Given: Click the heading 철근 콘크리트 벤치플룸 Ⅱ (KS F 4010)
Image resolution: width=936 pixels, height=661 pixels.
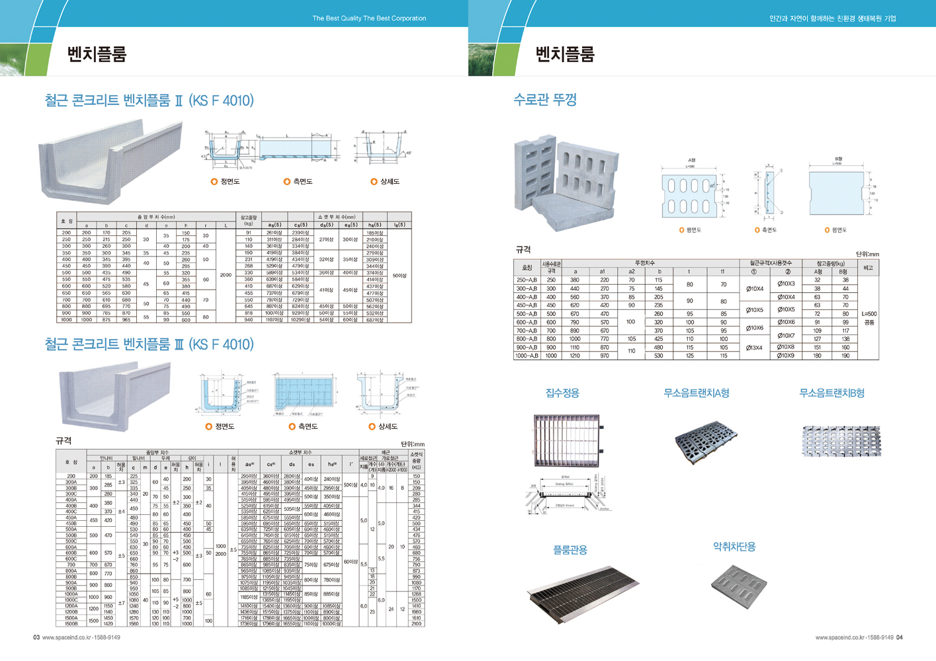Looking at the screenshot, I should (x=149, y=100).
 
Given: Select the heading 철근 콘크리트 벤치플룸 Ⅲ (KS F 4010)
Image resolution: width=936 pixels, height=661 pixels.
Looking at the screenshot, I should (x=149, y=344).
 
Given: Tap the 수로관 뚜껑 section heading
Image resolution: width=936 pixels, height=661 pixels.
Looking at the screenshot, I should (x=545, y=100).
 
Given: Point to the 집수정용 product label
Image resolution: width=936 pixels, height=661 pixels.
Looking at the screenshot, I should (x=562, y=393).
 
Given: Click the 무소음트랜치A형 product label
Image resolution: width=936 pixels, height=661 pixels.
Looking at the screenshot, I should (x=696, y=393).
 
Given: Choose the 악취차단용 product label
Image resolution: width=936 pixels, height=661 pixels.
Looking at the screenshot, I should (x=734, y=547).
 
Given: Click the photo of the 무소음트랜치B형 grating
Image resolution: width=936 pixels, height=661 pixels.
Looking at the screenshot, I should (x=841, y=441).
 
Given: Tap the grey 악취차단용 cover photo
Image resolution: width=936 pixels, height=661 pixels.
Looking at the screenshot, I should (x=739, y=585).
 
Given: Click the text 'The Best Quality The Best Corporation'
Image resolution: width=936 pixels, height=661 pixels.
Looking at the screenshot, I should (x=369, y=19).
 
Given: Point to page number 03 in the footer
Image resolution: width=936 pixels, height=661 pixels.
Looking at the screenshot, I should (x=37, y=638).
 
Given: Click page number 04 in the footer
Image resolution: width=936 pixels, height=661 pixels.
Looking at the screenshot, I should (x=900, y=638).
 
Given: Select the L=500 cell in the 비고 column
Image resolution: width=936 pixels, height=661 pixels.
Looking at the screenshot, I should (x=869, y=314).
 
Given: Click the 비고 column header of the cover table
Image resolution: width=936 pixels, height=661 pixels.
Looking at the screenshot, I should (x=868, y=268).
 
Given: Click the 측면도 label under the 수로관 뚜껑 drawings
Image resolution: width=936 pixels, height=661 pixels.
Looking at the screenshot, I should (x=769, y=230).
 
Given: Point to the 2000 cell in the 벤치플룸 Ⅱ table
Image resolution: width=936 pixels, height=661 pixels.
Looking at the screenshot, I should (x=226, y=274).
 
